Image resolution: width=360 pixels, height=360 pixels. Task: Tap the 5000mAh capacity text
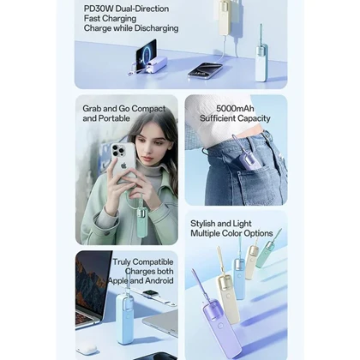tap(235, 109)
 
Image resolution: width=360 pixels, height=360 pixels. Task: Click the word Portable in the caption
tap(113, 118)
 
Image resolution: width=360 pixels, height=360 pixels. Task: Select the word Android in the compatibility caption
tap(159, 280)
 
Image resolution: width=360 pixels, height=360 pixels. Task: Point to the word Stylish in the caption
tap(203, 224)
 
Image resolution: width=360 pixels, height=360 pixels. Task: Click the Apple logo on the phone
tap(123, 165)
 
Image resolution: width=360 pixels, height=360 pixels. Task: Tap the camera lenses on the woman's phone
tap(118, 151)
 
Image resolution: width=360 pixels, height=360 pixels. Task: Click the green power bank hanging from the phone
tap(142, 221)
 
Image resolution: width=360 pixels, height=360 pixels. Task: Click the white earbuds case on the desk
tap(87, 349)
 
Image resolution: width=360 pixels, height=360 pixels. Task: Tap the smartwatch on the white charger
tap(149, 294)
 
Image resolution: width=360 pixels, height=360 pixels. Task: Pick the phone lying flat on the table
tap(205, 70)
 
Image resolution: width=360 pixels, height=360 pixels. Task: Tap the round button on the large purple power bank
tap(220, 326)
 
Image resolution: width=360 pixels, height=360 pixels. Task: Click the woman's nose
tap(149, 152)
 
